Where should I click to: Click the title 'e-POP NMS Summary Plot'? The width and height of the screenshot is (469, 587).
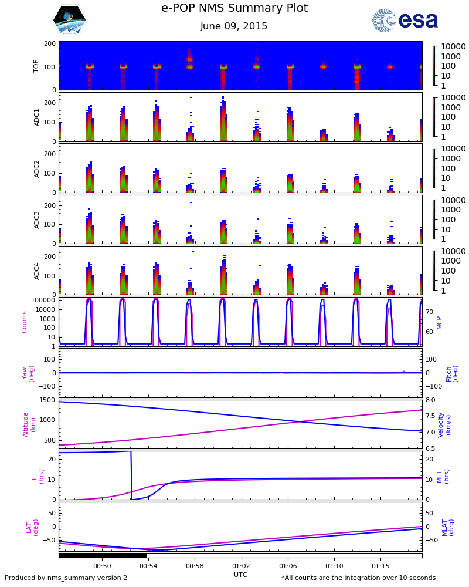235,8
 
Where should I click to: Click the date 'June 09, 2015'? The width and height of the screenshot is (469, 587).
234,26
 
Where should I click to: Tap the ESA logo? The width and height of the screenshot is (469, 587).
405,21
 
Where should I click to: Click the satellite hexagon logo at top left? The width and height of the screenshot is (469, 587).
70,21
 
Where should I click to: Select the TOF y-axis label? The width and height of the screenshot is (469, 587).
36,66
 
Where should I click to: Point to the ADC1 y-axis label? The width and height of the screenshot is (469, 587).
36,117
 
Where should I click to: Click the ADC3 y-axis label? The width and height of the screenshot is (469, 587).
36,220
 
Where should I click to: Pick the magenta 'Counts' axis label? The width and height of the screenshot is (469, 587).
25,322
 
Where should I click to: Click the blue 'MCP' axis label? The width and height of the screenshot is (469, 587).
439,322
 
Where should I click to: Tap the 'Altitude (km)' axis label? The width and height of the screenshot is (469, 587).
29,424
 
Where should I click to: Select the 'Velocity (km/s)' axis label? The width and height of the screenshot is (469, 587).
444,424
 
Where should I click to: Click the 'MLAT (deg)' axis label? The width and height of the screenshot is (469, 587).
447,527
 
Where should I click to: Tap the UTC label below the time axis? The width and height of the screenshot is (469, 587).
240,575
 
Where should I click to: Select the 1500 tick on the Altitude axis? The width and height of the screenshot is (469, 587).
47,400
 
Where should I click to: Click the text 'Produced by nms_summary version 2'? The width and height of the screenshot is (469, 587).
66,578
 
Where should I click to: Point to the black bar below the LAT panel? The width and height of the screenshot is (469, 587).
103,555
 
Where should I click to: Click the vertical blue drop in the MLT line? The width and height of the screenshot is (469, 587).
131,475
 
